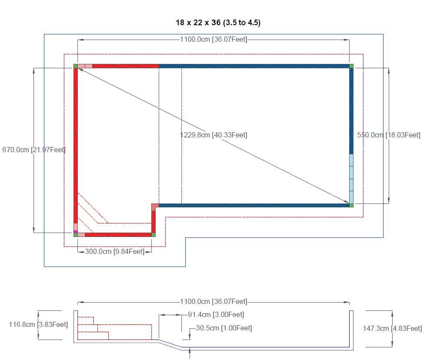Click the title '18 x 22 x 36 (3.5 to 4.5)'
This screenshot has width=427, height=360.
218,23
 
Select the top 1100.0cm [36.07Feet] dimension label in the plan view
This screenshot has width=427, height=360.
213,40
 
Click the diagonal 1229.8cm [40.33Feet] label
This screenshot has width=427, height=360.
213,135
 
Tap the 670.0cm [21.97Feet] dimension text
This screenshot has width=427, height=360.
34,150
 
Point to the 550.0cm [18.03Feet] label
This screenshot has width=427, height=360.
389,135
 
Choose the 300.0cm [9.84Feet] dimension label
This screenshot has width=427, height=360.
114,251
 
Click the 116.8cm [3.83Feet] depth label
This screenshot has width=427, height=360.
38,324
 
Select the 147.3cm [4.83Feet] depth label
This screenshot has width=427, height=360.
392,329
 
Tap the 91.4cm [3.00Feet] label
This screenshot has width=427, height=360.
216,315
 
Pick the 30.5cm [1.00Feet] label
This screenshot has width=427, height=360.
224,328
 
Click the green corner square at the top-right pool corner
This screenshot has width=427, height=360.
351,66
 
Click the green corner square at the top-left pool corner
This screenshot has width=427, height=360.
76,66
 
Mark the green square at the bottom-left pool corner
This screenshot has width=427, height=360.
76,235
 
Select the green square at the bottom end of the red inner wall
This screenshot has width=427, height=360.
153,235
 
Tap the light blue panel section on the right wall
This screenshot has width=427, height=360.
351,178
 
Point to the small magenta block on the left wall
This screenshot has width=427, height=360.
76,231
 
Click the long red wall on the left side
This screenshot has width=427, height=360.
76,143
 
